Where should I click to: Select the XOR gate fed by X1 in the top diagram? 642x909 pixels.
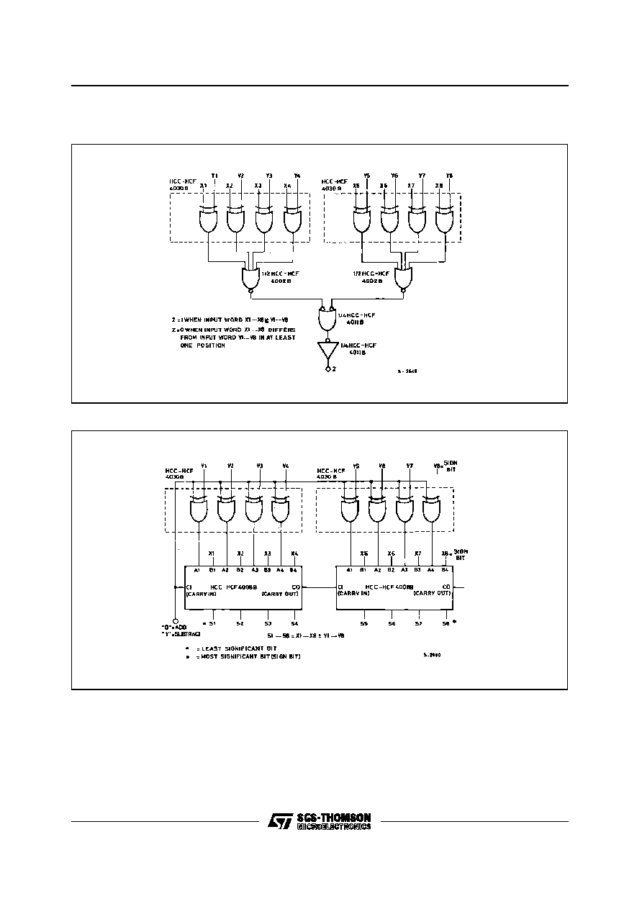[208, 220]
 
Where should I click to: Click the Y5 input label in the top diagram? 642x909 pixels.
[366, 176]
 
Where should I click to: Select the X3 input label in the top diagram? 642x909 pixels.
[258, 186]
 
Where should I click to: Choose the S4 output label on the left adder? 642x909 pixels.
[294, 623]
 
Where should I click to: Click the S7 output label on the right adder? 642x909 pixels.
[418, 623]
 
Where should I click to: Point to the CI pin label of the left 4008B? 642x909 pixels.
[189, 587]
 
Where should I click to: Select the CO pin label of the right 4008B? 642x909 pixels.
[446, 587]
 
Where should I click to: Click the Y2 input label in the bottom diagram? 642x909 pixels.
[230, 466]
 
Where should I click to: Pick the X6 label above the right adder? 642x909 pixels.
[391, 553]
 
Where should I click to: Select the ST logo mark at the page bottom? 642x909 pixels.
[279, 822]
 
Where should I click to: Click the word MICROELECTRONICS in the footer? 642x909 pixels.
[334, 827]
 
